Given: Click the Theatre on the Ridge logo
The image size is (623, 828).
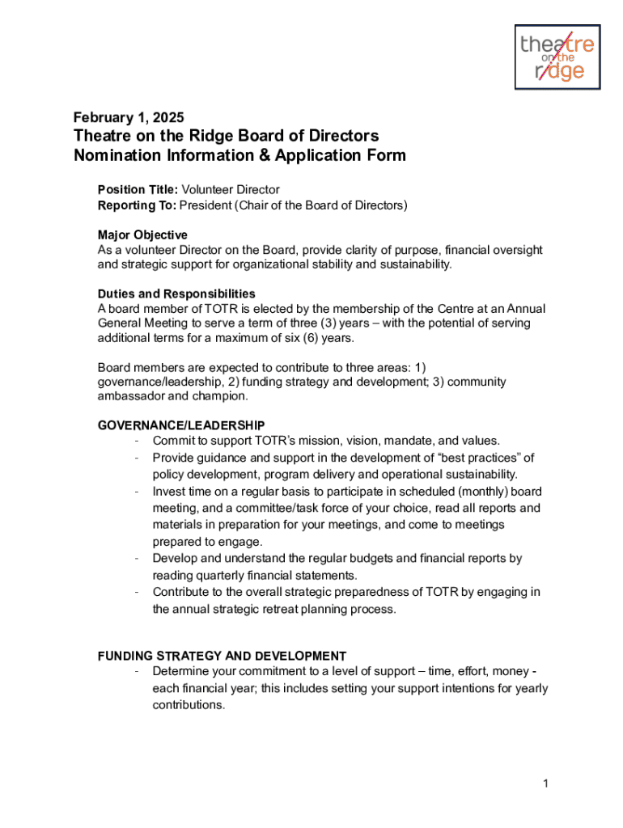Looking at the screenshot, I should (x=557, y=57).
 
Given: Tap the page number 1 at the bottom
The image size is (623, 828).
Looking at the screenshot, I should (x=547, y=784).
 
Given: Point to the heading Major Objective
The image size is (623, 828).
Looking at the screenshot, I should (x=142, y=235).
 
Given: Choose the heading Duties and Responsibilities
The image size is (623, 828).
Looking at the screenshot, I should (x=176, y=294).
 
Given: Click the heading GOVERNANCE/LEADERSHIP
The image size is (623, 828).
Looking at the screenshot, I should (x=181, y=425).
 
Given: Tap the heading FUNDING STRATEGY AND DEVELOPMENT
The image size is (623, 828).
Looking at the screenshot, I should (x=222, y=656).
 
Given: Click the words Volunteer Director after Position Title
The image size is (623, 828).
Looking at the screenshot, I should (x=231, y=190).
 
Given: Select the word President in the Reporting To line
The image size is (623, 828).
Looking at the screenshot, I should (x=205, y=205).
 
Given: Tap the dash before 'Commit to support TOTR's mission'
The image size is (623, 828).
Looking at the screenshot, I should (x=139, y=441).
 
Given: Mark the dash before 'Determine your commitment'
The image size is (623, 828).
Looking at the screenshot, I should (x=139, y=672).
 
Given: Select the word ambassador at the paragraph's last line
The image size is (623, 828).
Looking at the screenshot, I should (x=131, y=396).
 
